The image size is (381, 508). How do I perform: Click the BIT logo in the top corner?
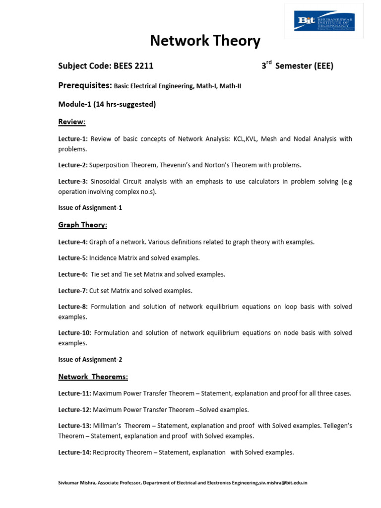[324, 21]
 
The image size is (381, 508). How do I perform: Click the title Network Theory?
[205, 41]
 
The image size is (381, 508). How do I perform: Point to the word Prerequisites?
[85, 85]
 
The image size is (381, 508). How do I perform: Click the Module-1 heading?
[107, 104]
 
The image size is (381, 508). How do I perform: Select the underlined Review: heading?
[72, 122]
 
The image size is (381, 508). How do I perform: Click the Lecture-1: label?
[73, 139]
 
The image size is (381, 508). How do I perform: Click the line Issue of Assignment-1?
[90, 207]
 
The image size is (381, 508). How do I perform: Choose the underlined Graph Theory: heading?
[82, 225]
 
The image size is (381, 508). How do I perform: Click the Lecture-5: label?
[73, 258]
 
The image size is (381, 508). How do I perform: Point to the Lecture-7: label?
[73, 291]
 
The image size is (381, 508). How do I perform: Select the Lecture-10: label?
[75, 333]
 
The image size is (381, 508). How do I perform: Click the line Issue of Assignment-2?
[90, 359]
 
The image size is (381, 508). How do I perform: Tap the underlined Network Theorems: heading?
[93, 377]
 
